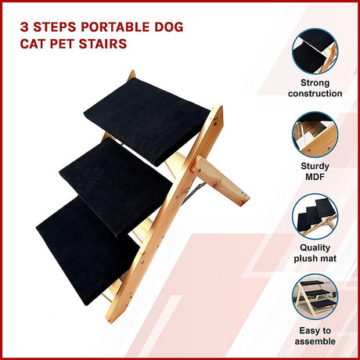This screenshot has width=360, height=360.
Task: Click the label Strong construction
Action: [x=315, y=88]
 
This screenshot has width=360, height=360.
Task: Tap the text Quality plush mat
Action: [x=315, y=252]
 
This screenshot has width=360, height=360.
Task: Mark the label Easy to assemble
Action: [x=315, y=335]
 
